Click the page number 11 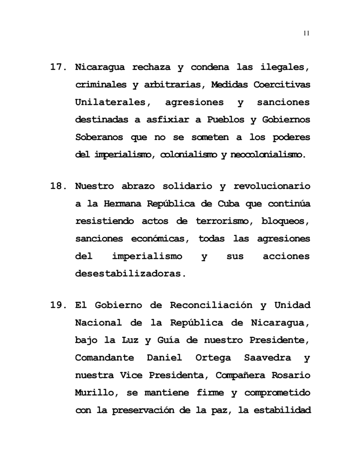[x=306, y=34]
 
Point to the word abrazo [x=141, y=186]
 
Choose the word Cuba [x=229, y=204]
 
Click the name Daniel [x=161, y=357]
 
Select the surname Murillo [x=96, y=392]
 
